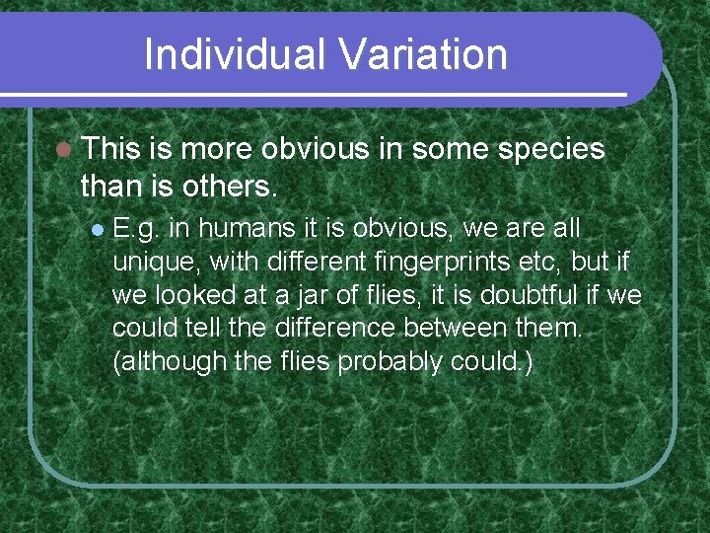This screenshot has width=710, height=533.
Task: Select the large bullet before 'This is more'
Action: (63, 150)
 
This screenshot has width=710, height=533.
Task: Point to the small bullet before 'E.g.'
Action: (97, 230)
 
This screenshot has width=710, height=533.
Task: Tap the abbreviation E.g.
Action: (137, 230)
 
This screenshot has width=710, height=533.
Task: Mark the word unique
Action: (147, 263)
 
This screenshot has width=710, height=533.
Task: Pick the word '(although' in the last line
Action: (170, 361)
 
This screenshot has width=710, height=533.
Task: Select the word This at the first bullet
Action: (112, 149)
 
